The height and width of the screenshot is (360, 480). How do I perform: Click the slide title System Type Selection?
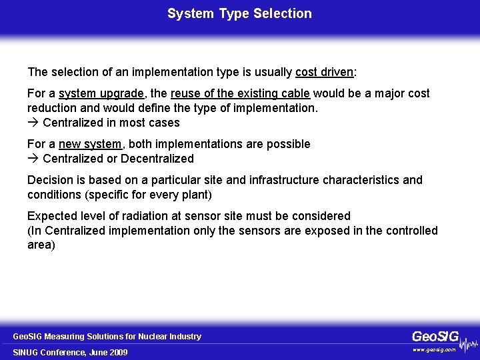239,13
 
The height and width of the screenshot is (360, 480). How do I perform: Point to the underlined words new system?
90,144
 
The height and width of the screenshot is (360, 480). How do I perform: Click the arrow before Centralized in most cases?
33,123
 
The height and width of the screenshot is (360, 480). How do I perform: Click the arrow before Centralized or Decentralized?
33,159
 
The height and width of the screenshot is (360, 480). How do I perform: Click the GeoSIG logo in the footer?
435,337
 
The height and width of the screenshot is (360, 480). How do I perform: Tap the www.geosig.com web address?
434,349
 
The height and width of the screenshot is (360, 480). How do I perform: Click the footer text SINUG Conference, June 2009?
70,352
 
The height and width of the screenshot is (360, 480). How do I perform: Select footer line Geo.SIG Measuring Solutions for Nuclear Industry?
107,337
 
